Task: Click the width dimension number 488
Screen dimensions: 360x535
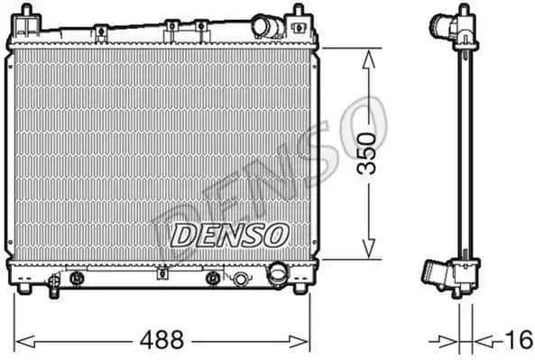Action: pos(163,340)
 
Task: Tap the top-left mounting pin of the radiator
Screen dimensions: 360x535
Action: pos(26,15)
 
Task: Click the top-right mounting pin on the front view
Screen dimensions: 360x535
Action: pos(298,15)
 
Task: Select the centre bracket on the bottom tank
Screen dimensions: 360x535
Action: pos(162,272)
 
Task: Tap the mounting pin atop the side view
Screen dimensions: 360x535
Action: pos(463,11)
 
